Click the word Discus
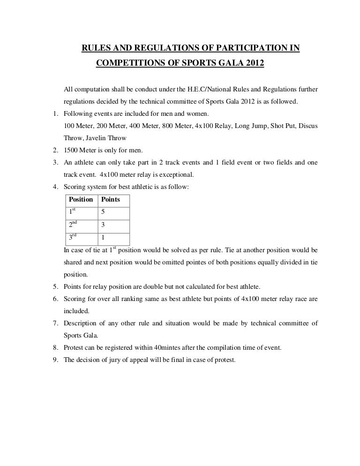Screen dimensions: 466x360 tap(308, 126)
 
